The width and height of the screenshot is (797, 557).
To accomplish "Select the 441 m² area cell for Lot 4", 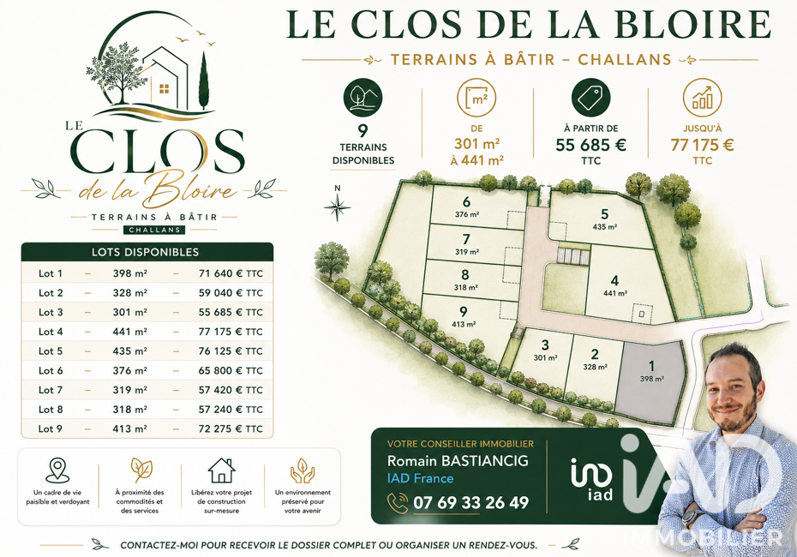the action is (130, 332).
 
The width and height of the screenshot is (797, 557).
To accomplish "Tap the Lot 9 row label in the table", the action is (51, 428).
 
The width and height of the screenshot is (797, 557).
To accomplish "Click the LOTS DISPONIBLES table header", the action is (146, 252).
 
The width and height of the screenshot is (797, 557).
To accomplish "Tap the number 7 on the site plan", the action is (466, 239).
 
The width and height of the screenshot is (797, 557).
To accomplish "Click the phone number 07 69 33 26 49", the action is (471, 503).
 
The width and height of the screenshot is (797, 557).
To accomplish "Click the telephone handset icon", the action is (398, 503).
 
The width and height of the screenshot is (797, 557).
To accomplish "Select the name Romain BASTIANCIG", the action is (458, 461).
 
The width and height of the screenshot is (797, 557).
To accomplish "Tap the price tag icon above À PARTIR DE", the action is (590, 98).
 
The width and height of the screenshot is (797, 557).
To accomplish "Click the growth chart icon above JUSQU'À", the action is (703, 98).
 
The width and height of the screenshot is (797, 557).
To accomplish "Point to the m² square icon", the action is (476, 98).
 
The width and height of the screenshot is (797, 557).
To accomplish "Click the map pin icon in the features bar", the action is (57, 470).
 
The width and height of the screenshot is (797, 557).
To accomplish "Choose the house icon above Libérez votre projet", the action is (222, 470).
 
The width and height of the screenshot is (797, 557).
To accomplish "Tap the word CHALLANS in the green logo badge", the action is (154, 230).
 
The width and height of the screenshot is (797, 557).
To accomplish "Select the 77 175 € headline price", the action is (703, 146).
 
